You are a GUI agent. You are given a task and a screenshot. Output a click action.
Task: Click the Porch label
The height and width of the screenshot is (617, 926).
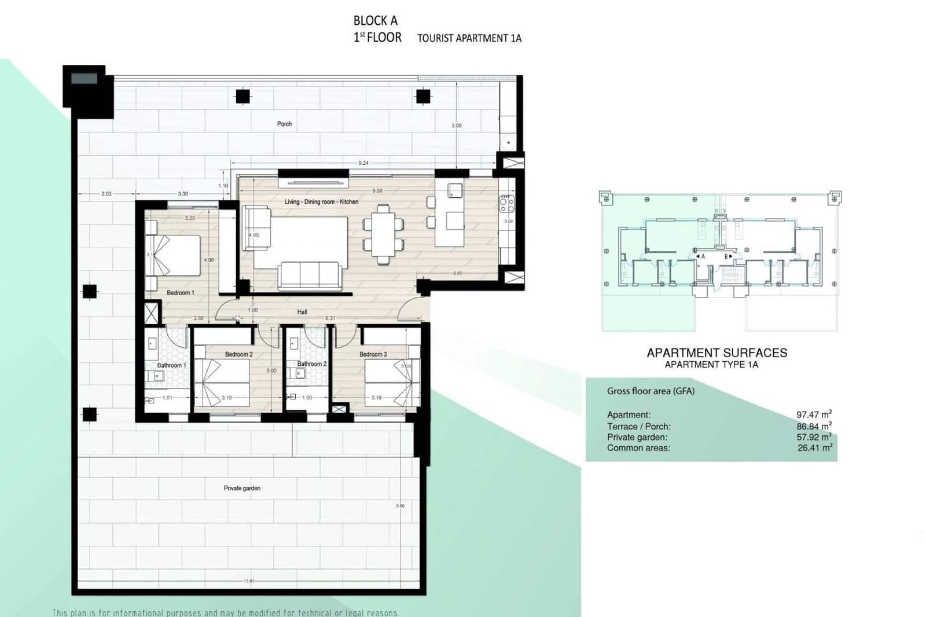point(284,124)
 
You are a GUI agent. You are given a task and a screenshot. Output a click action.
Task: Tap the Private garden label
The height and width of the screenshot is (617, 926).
point(242,488)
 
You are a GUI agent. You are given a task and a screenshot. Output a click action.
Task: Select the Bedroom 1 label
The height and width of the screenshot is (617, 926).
point(181,293)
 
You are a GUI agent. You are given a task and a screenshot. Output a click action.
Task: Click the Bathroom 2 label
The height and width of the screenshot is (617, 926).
point(312,364)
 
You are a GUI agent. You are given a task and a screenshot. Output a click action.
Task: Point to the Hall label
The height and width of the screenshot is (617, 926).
point(302,312)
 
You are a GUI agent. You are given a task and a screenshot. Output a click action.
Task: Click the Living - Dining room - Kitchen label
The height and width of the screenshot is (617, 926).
point(321,202)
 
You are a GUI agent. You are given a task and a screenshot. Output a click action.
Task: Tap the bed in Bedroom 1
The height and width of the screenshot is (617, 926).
point(174,255)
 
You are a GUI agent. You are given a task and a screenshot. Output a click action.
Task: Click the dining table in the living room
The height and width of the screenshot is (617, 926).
point(383,234)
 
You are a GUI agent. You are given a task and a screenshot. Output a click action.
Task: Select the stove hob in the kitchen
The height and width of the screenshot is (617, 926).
point(507,204)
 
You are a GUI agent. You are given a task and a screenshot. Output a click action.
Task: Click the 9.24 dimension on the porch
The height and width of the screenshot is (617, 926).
point(363,163)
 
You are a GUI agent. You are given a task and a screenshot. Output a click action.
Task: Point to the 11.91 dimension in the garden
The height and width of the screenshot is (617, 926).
point(249,581)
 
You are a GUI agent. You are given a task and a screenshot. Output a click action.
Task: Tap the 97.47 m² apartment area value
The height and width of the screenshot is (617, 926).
point(814,414)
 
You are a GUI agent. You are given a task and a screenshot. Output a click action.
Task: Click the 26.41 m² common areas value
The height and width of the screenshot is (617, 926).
point(814,447)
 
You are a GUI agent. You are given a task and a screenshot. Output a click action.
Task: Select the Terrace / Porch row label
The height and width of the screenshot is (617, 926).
point(639,427)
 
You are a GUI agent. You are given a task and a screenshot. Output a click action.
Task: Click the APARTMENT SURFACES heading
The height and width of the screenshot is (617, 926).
point(717,353)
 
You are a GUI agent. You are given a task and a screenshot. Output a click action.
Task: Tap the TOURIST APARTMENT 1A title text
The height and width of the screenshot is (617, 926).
point(469,38)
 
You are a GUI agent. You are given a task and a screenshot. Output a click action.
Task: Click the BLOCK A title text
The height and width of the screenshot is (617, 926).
point(376,21)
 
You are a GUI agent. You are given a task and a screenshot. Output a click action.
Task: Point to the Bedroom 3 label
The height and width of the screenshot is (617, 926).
point(373,354)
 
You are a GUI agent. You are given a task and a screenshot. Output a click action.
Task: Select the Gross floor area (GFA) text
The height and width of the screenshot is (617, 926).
point(651,391)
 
